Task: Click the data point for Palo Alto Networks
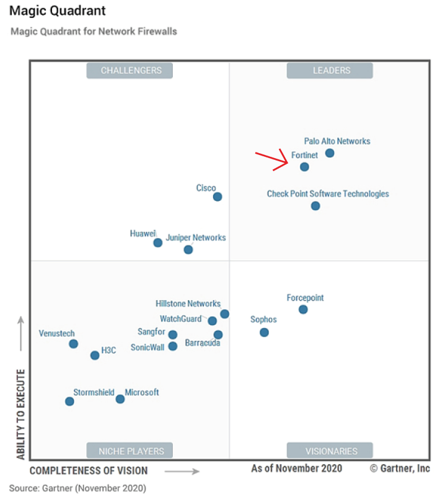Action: (x=330, y=153)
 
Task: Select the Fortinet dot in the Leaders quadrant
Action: (x=304, y=167)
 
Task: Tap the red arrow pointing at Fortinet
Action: (x=273, y=160)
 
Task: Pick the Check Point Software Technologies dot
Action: (x=315, y=206)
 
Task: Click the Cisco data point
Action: (x=218, y=197)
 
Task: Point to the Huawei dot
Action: (x=158, y=242)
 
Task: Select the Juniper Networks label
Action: (x=196, y=237)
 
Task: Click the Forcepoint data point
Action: (x=303, y=309)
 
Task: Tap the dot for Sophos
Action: (x=264, y=332)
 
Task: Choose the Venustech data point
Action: (x=73, y=343)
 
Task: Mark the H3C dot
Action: (x=95, y=355)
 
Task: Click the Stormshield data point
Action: (x=69, y=401)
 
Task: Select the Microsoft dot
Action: (x=120, y=399)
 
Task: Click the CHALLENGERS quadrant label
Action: (x=131, y=71)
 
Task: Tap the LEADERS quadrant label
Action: (x=331, y=71)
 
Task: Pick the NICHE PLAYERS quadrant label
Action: (x=131, y=451)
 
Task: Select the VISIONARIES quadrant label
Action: (x=331, y=451)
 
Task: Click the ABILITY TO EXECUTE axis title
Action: (x=20, y=415)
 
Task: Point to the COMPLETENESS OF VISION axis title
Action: (x=89, y=470)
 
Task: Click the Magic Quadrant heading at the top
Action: (x=58, y=11)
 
